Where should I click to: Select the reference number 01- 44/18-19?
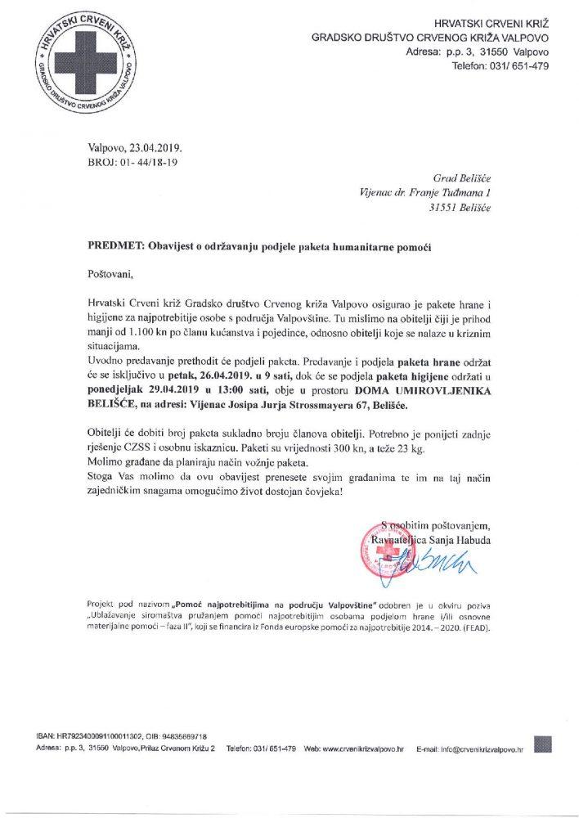(x=150, y=163)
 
